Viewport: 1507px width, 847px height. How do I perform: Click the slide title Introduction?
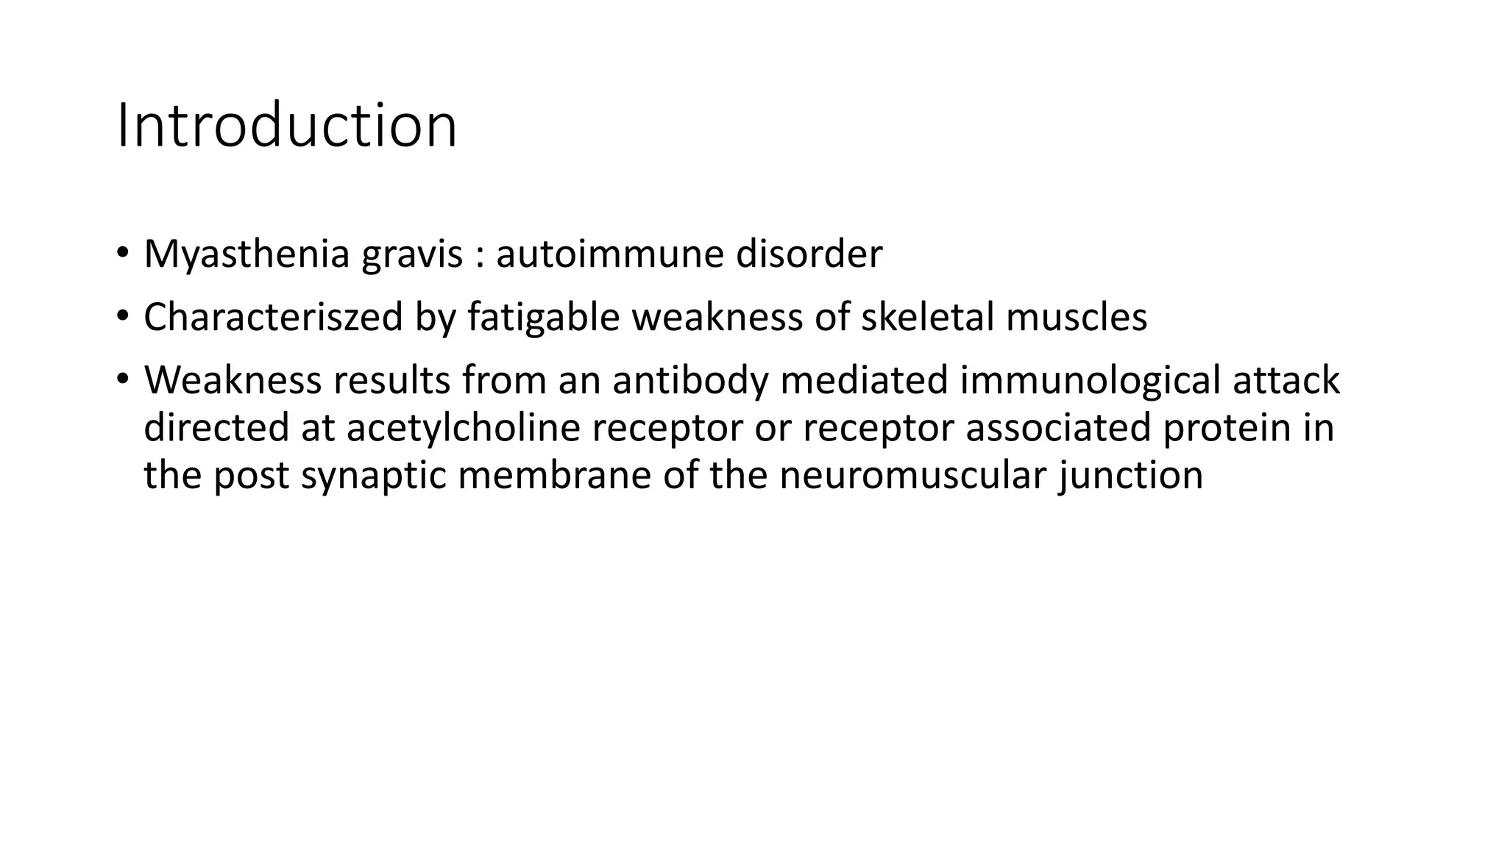(x=287, y=126)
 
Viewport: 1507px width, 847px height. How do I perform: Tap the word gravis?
(x=412, y=256)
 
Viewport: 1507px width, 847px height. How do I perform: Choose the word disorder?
(x=809, y=254)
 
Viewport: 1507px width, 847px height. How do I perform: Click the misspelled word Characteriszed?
(x=273, y=318)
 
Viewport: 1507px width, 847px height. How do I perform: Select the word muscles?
(x=1076, y=318)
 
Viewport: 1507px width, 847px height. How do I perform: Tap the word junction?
(x=1130, y=476)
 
